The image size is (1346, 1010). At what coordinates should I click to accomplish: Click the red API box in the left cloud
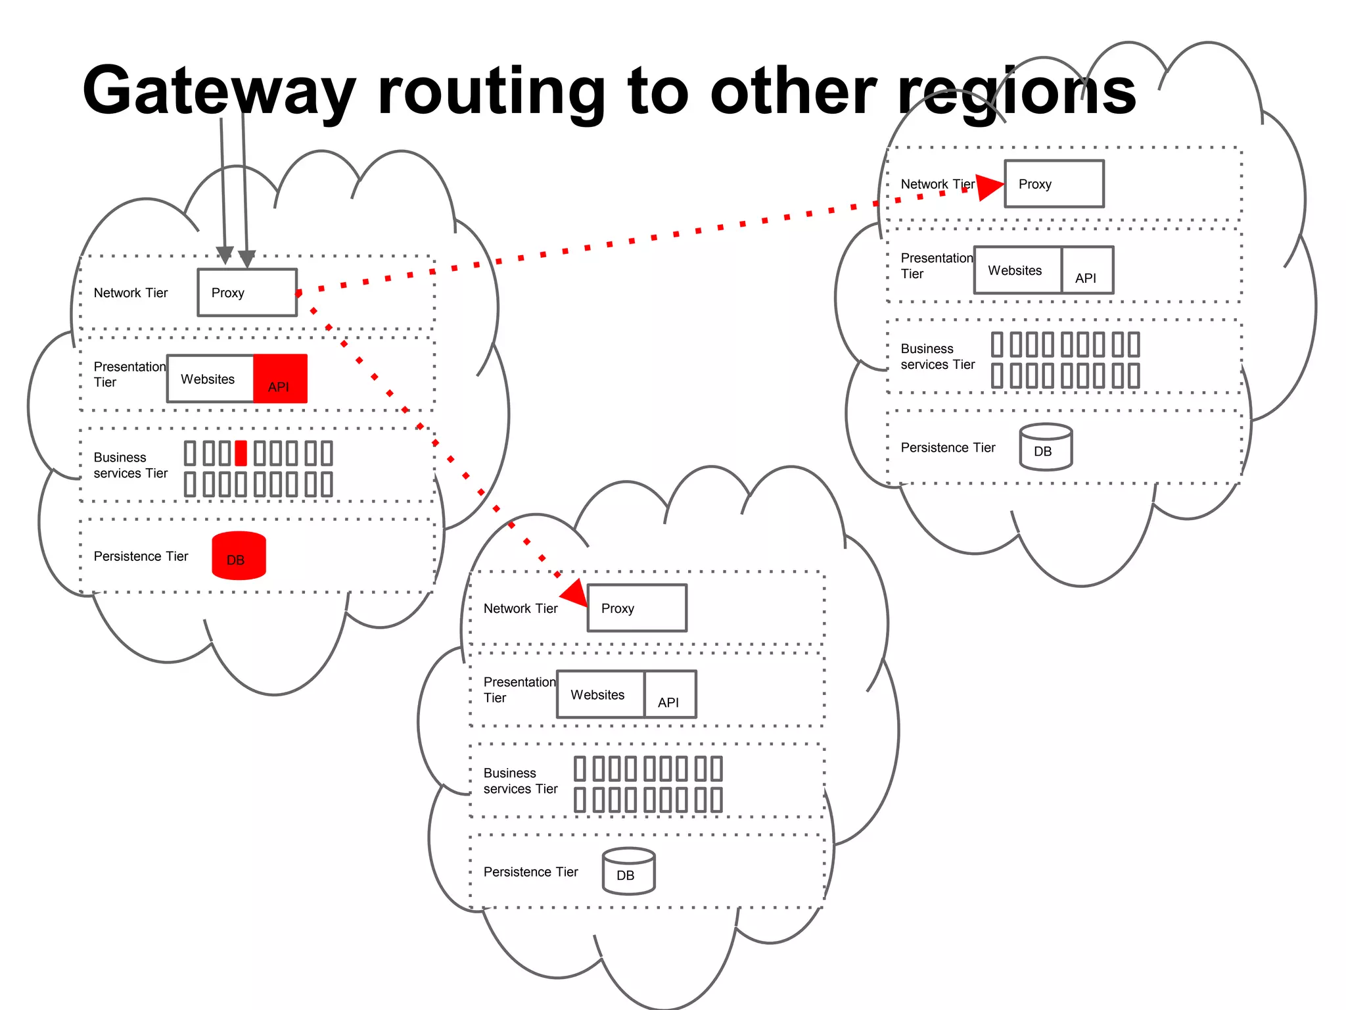(x=281, y=379)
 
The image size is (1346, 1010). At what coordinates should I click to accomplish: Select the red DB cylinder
(x=239, y=556)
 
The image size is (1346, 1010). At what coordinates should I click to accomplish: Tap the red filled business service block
(x=241, y=453)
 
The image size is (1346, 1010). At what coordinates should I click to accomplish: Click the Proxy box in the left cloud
(x=247, y=293)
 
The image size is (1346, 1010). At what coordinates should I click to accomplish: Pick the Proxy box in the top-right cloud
(x=1054, y=184)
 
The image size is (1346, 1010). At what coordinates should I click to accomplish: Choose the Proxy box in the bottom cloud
(x=637, y=608)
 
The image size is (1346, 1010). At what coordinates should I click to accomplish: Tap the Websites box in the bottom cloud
(x=600, y=694)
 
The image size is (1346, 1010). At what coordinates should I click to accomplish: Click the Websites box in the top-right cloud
(x=1017, y=270)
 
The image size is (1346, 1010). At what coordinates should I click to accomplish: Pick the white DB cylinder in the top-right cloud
(x=1046, y=447)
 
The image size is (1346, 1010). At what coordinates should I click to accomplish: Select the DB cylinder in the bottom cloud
(x=629, y=871)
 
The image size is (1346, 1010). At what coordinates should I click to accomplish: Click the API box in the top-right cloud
(x=1088, y=270)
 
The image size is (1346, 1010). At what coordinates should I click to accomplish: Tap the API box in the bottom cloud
(x=670, y=694)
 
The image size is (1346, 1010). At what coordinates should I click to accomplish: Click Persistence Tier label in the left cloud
(x=141, y=556)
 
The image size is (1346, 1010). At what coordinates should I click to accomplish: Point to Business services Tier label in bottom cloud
(x=520, y=781)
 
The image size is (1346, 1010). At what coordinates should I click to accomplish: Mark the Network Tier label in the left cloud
(x=131, y=293)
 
